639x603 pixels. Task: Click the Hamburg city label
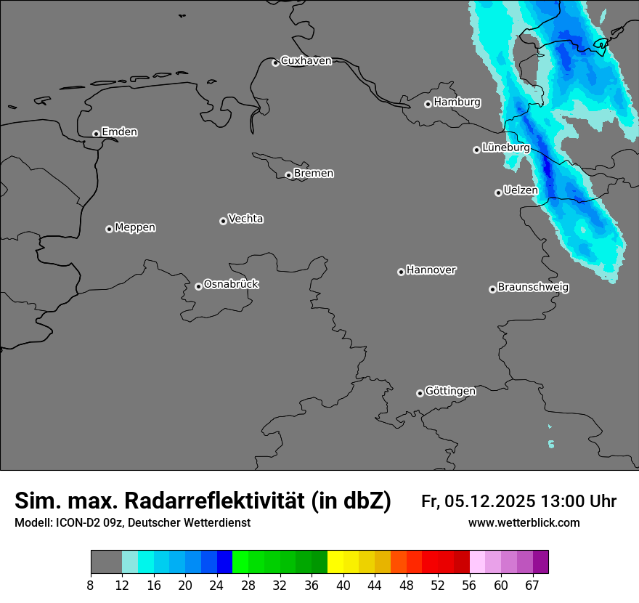(457, 102)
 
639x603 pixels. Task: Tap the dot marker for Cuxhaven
(275, 63)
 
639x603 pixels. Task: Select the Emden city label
(119, 132)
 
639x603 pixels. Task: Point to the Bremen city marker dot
(288, 175)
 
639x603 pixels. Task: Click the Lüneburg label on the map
(505, 147)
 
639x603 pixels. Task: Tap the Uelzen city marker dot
(498, 193)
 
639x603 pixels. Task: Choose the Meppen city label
(135, 227)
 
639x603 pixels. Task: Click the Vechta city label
(245, 219)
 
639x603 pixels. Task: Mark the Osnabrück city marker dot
(198, 286)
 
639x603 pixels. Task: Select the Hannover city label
(431, 270)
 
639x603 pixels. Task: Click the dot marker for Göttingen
(420, 393)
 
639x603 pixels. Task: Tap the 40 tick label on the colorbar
(343, 584)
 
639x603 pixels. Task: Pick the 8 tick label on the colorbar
(90, 584)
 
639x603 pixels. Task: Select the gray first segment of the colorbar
(106, 562)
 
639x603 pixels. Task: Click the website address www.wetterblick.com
(524, 523)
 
